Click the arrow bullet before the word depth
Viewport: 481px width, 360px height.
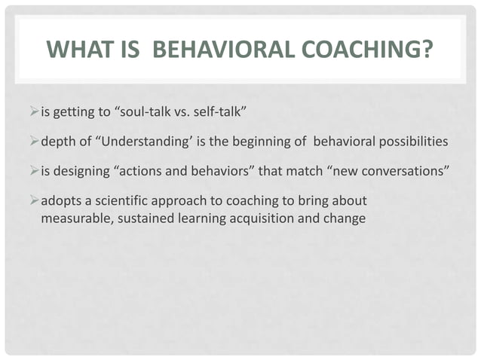(x=33, y=142)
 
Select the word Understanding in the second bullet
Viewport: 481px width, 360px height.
(x=151, y=142)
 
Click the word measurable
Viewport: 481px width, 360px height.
(x=72, y=218)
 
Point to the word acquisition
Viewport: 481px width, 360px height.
(x=255, y=218)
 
